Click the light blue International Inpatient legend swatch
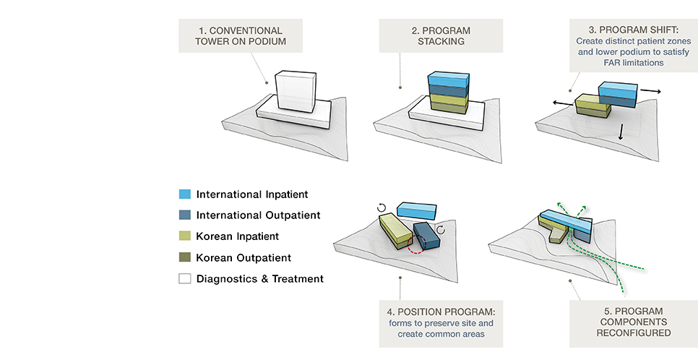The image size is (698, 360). (x=185, y=194)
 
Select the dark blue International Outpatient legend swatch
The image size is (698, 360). (x=185, y=215)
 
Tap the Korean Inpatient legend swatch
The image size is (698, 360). (x=185, y=236)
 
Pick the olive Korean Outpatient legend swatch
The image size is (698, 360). (x=185, y=257)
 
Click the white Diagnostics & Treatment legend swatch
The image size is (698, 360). (x=185, y=278)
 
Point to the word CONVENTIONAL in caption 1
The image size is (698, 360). (x=243, y=31)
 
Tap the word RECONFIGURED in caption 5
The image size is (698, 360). (x=632, y=333)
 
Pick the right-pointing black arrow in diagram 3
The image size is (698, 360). (x=650, y=92)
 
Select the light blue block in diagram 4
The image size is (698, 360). (x=418, y=210)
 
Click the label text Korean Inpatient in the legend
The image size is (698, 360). (x=238, y=236)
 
